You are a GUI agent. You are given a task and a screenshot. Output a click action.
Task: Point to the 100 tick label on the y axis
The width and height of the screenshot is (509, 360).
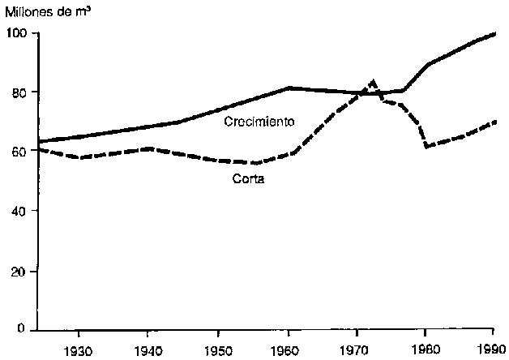19,33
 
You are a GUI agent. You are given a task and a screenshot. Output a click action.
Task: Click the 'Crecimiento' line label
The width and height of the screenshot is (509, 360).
258,122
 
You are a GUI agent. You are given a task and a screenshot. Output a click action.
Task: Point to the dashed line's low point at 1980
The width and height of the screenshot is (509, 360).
426,146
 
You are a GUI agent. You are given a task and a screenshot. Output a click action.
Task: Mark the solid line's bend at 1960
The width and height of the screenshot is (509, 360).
289,88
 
